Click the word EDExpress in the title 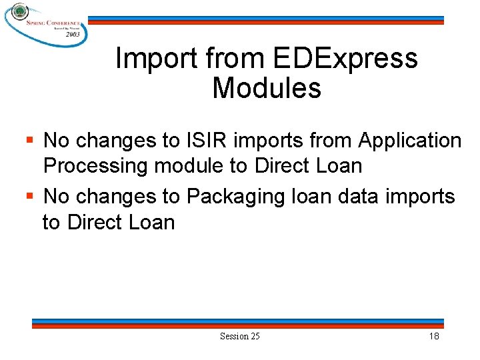tap(345, 59)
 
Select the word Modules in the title tap(267, 89)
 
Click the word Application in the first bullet tap(410, 141)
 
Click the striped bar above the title tap(267, 21)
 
